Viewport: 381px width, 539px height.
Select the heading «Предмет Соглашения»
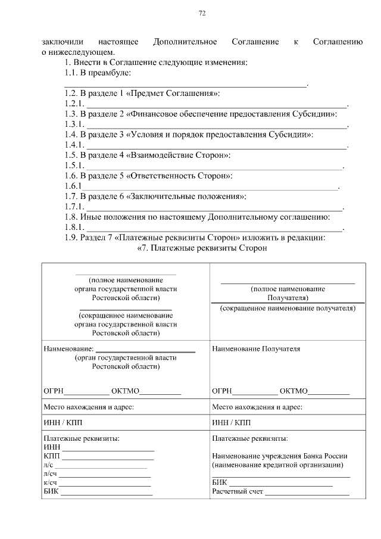click(182, 94)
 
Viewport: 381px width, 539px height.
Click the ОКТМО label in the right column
click(293, 391)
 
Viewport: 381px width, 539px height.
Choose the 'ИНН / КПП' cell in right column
click(232, 423)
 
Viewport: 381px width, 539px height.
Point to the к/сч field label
click(50, 482)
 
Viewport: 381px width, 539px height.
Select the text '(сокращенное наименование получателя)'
click(287, 309)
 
